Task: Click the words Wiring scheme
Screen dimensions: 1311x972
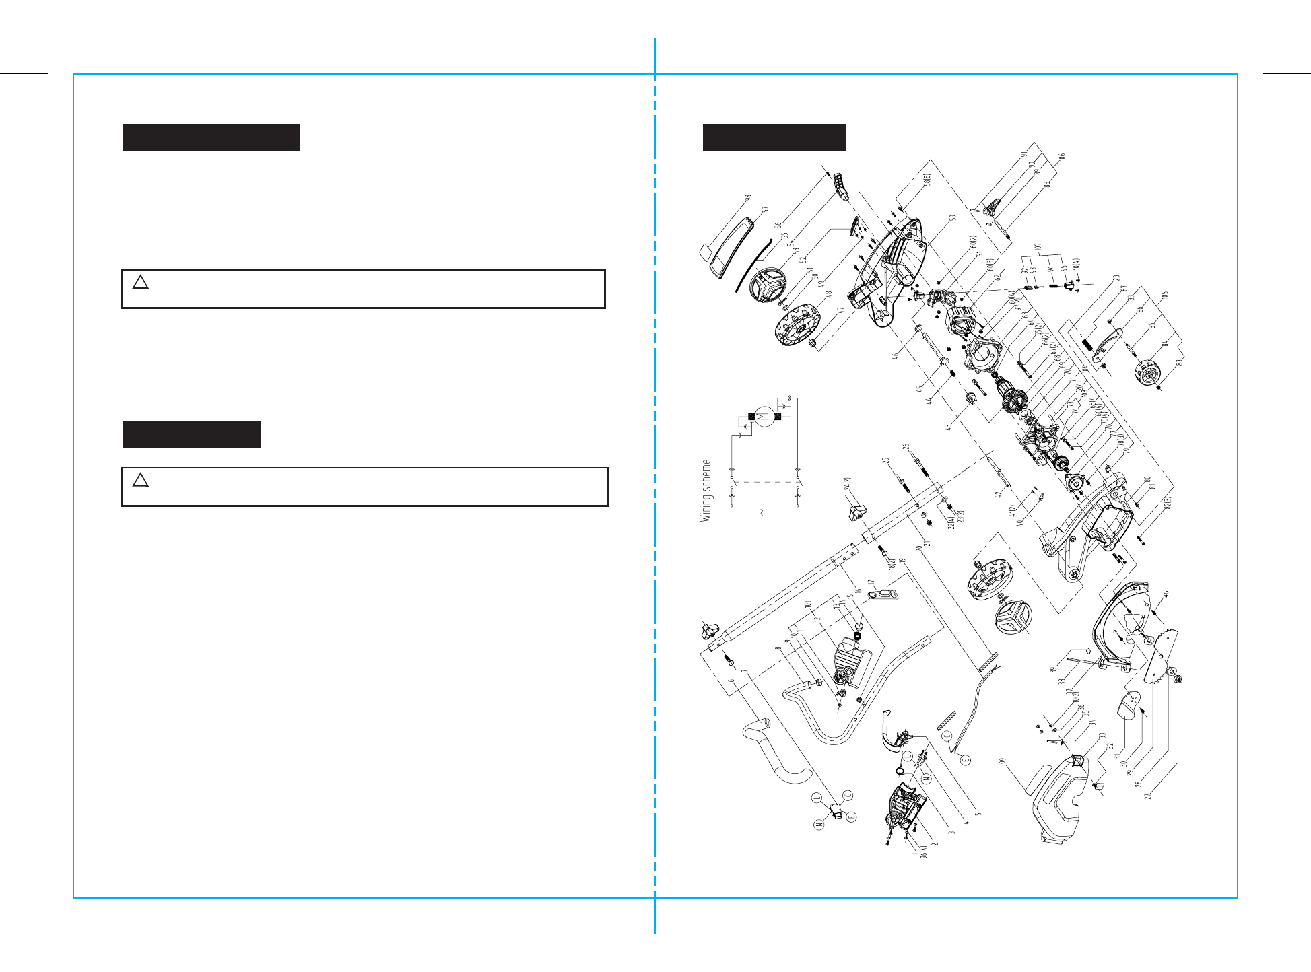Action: pyautogui.click(x=706, y=491)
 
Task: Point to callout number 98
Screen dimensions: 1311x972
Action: pyautogui.click(x=747, y=199)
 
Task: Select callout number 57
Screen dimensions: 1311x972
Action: pyautogui.click(x=764, y=210)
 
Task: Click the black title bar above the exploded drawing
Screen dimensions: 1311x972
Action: pyautogui.click(x=774, y=137)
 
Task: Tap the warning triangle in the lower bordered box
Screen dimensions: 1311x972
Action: pyautogui.click(x=140, y=479)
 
